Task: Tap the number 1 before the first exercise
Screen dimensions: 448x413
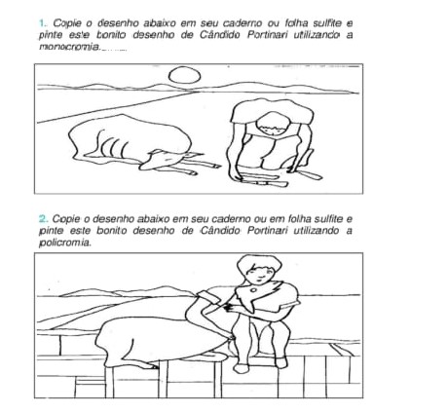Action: [42, 23]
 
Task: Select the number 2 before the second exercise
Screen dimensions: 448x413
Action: [42, 219]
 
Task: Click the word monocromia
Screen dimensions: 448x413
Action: [69, 47]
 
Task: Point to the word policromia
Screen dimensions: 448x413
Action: [64, 243]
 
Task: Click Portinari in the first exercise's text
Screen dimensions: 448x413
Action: [268, 35]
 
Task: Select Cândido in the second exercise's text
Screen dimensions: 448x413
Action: [220, 231]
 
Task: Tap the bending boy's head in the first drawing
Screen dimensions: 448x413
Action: [273, 124]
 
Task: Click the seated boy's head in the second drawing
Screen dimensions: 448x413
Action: [259, 270]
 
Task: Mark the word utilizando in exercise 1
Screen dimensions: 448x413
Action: [317, 35]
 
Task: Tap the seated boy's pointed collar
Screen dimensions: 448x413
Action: [259, 296]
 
